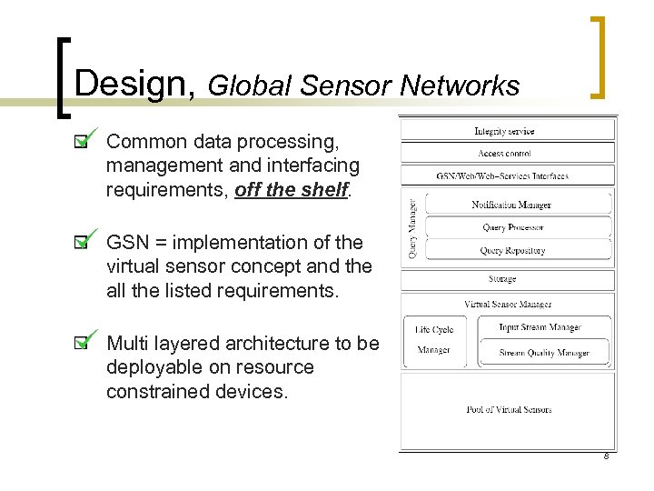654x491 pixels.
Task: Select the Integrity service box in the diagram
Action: pos(504,131)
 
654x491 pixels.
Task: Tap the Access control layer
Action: pos(504,154)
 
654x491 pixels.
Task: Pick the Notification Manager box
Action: pos(511,205)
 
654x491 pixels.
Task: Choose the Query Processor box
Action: pos(512,227)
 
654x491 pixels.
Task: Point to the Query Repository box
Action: pos(512,250)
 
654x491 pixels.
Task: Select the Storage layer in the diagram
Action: pos(501,279)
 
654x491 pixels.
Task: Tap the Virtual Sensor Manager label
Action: pos(508,304)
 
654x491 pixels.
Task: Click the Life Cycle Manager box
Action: pos(434,340)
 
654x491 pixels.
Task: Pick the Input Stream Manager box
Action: pos(540,327)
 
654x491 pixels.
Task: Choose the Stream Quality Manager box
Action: pos(543,353)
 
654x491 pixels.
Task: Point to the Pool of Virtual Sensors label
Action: pos(509,409)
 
